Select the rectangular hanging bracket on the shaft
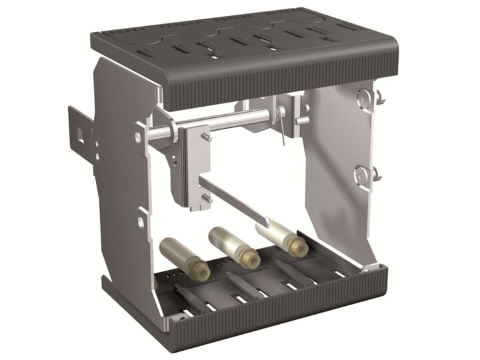click(194, 167)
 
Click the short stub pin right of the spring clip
click(303, 121)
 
